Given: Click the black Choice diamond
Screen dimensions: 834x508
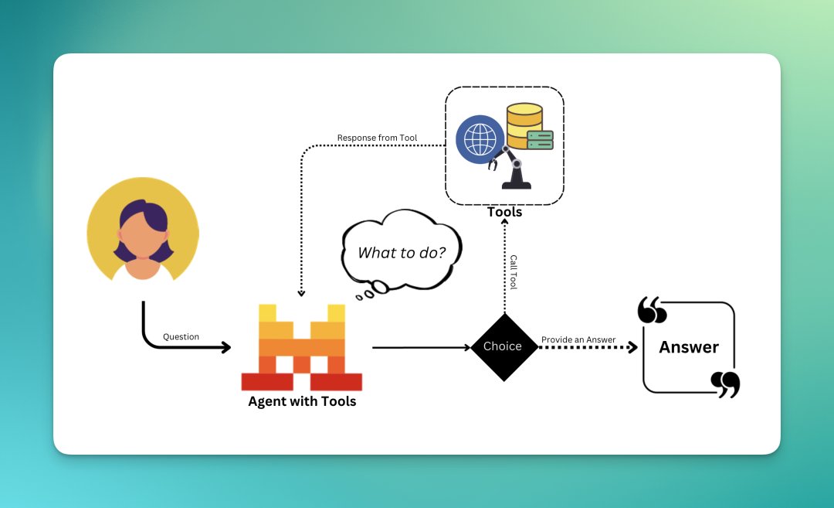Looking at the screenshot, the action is click(503, 347).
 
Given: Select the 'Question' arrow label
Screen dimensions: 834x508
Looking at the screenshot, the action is click(181, 336).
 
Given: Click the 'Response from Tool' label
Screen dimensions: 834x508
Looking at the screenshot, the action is click(377, 138).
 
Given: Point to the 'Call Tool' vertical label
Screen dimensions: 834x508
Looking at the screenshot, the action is click(514, 271).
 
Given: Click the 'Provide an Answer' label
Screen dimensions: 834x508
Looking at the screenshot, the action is click(578, 339).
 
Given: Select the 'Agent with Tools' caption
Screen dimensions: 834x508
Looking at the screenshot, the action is click(302, 401).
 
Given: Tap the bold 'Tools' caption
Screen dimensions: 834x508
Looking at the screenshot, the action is click(505, 212).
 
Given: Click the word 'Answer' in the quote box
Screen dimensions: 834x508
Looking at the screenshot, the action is click(689, 347).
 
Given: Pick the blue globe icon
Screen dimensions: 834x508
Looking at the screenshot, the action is click(480, 139).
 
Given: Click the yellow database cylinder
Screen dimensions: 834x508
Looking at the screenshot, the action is click(524, 126).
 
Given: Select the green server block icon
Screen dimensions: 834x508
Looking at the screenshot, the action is click(541, 140).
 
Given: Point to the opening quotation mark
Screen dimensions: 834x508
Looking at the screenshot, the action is click(652, 310).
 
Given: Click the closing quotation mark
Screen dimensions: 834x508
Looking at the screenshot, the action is click(725, 384).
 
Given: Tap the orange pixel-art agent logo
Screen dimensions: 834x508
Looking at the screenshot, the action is click(302, 347).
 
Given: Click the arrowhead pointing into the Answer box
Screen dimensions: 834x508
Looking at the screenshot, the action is click(632, 347).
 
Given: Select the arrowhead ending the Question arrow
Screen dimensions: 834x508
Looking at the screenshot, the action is click(226, 347).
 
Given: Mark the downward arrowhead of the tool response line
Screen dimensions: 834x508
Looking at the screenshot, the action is click(301, 293).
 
